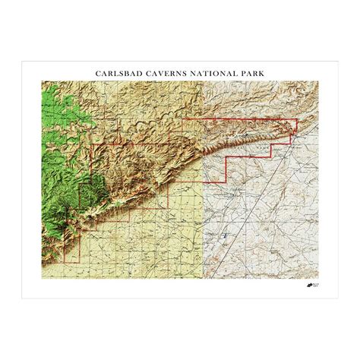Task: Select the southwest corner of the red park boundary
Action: [x=64, y=261]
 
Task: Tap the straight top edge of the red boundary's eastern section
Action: [x=235, y=118]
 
